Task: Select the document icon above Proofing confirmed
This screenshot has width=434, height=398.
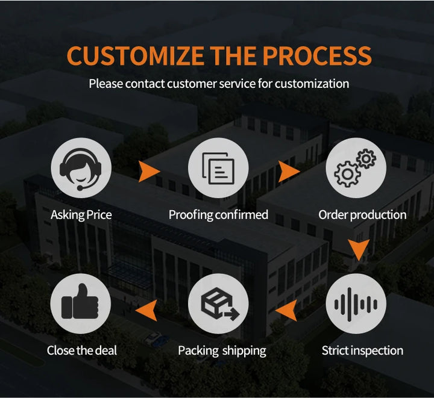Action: pyautogui.click(x=218, y=168)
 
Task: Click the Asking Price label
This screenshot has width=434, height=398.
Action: pyautogui.click(x=81, y=215)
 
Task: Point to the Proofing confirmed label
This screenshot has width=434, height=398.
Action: pyautogui.click(x=218, y=215)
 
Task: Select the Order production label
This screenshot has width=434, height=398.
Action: pyautogui.click(x=362, y=215)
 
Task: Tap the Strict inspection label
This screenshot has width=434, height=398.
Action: pyautogui.click(x=362, y=350)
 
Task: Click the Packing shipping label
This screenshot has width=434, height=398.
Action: pyautogui.click(x=222, y=350)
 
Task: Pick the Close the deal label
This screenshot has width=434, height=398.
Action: pyautogui.click(x=82, y=350)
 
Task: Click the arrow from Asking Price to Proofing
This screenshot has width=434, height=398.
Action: pyautogui.click(x=149, y=172)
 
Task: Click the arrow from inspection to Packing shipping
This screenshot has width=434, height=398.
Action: pyautogui.click(x=287, y=309)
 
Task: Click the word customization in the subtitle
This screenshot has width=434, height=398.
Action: pyautogui.click(x=312, y=84)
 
